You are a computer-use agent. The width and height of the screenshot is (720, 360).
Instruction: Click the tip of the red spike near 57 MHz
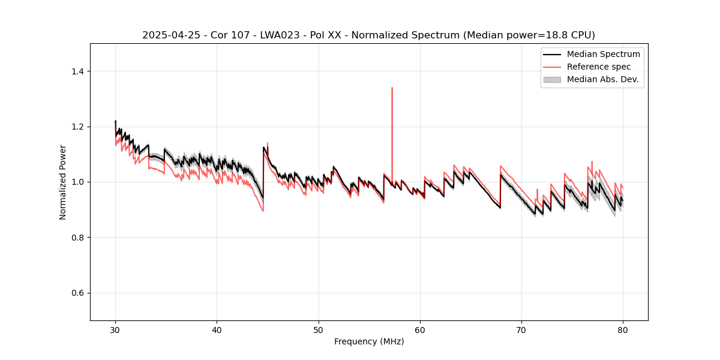tap(392, 88)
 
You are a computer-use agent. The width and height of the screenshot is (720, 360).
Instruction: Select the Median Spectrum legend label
tap(603, 54)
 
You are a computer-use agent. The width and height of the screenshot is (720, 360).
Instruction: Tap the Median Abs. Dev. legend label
tap(602, 79)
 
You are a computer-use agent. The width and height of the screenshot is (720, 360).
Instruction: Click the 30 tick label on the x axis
tap(115, 330)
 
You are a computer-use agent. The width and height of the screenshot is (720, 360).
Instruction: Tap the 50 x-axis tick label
tap(319, 330)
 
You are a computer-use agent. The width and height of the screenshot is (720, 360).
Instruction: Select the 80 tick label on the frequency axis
tap(623, 330)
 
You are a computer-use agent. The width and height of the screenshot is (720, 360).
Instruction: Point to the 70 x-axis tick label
tap(521, 330)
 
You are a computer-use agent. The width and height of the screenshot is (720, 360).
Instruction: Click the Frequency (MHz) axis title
tap(369, 341)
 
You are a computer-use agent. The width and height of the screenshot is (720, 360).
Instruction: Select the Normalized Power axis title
tap(63, 182)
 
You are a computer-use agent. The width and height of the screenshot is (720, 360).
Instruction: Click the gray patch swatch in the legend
tap(552, 79)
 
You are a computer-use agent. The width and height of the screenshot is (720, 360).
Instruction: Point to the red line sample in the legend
tap(552, 67)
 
